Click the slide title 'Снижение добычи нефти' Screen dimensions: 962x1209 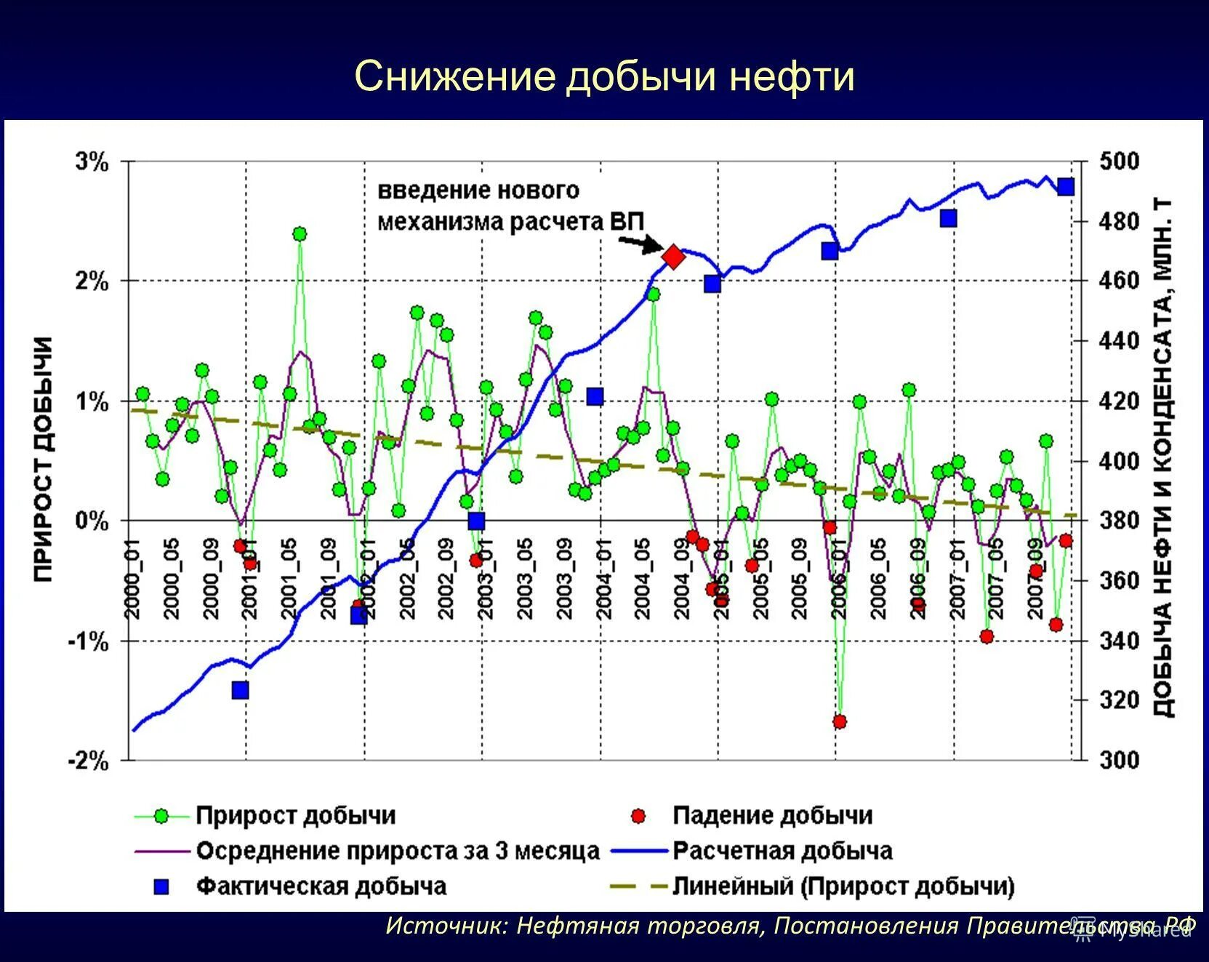tap(604, 76)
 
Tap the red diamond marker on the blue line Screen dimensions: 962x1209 tap(673, 257)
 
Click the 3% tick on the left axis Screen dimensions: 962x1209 tap(92, 161)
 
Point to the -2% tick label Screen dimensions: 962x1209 tap(88, 761)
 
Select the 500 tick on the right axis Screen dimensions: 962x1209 tap(1119, 161)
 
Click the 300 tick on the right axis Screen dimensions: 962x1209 tap(1119, 761)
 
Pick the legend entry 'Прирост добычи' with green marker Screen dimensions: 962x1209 tap(295, 816)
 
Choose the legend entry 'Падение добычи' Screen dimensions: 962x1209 tap(772, 816)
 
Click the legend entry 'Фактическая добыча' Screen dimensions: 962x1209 tap(321, 886)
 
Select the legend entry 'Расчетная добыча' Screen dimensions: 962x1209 tap(782, 851)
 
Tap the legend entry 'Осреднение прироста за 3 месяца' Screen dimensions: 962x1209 tap(397, 851)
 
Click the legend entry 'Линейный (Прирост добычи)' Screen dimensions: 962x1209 tap(843, 886)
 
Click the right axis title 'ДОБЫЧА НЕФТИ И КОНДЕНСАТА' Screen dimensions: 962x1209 tap(1163, 458)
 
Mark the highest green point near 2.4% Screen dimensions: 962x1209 tap(300, 234)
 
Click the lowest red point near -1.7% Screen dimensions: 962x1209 tap(840, 722)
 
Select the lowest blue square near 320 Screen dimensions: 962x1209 tap(241, 690)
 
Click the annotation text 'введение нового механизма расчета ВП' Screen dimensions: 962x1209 tap(510, 206)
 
